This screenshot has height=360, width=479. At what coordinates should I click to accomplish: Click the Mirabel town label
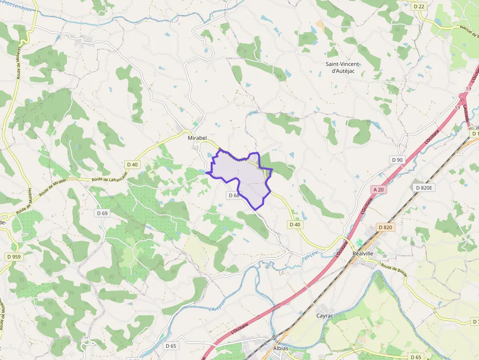(x=197, y=138)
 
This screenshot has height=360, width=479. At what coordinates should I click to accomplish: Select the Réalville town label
(x=363, y=254)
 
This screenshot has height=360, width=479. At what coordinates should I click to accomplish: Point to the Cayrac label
(x=325, y=316)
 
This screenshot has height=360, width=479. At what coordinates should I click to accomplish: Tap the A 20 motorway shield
(x=378, y=189)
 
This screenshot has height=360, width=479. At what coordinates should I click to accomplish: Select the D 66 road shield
(x=234, y=195)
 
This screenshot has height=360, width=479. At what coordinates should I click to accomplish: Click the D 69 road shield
(x=102, y=213)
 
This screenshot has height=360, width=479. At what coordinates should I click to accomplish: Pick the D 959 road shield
(x=14, y=256)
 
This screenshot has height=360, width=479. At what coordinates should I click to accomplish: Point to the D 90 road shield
(x=397, y=160)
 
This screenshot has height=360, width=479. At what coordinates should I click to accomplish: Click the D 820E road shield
(x=424, y=188)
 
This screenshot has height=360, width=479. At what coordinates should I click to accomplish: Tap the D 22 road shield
(x=419, y=6)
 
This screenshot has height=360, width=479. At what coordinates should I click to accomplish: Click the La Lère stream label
(x=310, y=255)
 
